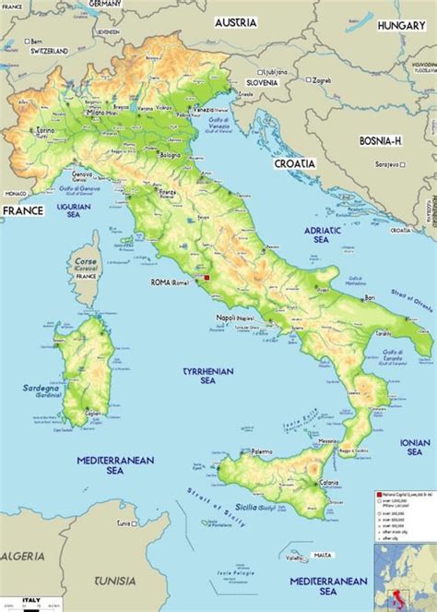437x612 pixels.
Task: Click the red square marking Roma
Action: click(208, 277)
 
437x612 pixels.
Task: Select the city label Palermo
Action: click(262, 451)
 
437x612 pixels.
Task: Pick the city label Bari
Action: click(370, 298)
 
